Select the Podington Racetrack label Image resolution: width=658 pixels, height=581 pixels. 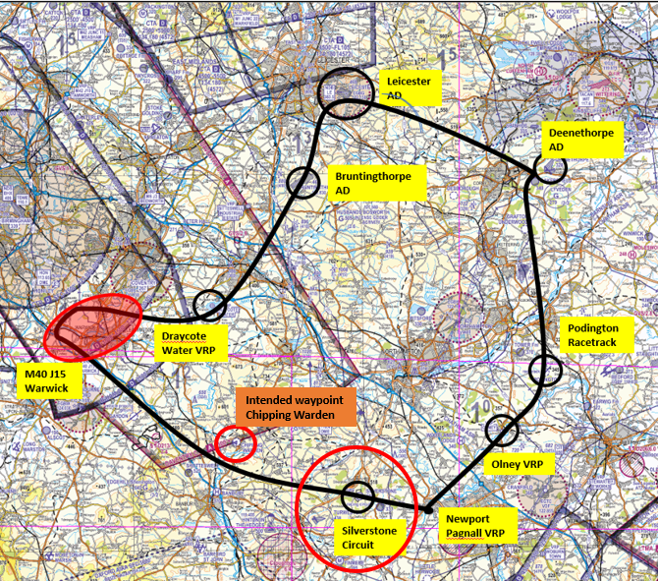coord(592,334)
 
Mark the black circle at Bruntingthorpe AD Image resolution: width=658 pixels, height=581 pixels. coord(305,182)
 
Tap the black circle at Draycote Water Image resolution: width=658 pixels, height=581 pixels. coord(210,306)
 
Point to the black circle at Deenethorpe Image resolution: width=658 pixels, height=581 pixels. coord(551,167)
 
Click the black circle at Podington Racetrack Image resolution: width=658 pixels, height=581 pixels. coord(545,371)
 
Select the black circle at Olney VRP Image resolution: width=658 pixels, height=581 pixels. coord(502,430)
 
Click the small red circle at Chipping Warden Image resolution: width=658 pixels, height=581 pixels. coord(236,443)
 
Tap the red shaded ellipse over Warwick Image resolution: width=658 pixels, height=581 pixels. coord(91,325)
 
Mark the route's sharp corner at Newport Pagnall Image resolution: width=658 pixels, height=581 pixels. coord(428,510)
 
